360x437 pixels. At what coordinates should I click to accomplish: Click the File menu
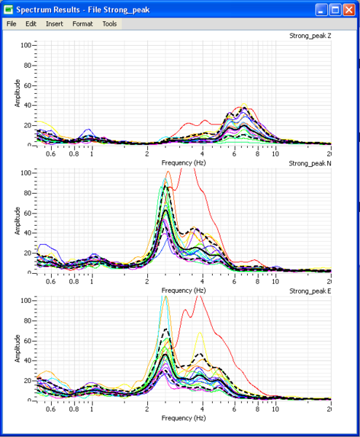[x=12, y=24]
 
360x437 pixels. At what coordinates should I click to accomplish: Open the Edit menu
[x=31, y=24]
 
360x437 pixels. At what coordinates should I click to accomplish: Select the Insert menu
[x=54, y=24]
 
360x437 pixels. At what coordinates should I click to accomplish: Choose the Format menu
[x=82, y=24]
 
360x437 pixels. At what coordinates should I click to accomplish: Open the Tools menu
[x=109, y=24]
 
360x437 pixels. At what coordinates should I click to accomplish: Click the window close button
[x=349, y=9]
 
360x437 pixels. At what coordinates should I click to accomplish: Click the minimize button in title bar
[x=321, y=9]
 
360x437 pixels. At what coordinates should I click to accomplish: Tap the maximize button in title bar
[x=335, y=9]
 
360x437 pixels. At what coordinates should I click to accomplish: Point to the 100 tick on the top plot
[x=26, y=45]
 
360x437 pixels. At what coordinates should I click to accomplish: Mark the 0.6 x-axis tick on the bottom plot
[x=51, y=409]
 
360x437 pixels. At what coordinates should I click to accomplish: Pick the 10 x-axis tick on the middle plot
[x=275, y=282]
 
